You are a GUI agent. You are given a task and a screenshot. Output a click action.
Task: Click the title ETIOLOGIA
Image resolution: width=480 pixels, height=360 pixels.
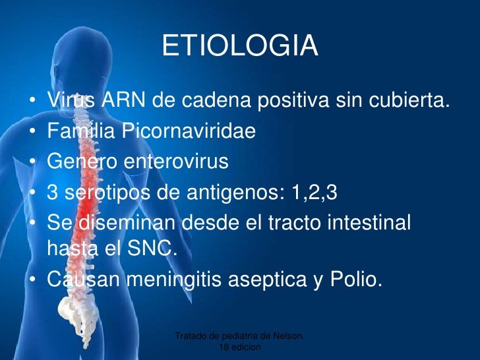[239, 47]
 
